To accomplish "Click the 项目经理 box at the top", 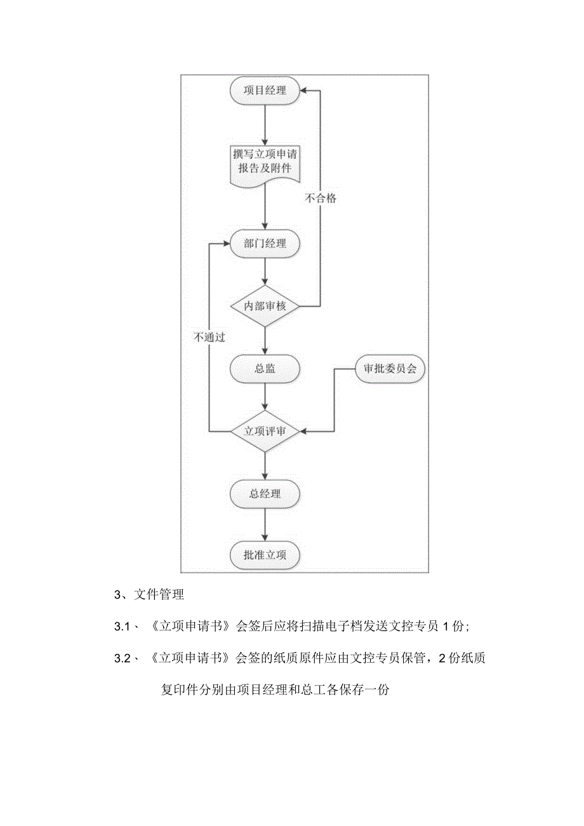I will [x=265, y=90].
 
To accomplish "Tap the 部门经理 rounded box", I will [x=265, y=244].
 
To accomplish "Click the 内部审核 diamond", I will [x=265, y=306].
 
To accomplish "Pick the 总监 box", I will [x=265, y=368].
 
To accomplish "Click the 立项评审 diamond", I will [x=265, y=431].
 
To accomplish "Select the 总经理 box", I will [x=265, y=493].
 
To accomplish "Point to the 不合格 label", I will [x=320, y=198].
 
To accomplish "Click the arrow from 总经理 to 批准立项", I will [x=265, y=524].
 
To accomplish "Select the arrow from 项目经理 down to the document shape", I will [x=265, y=123].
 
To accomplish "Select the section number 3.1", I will [x=122, y=627].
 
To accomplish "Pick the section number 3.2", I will [x=122, y=658].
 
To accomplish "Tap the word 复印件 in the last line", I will [x=179, y=689].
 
